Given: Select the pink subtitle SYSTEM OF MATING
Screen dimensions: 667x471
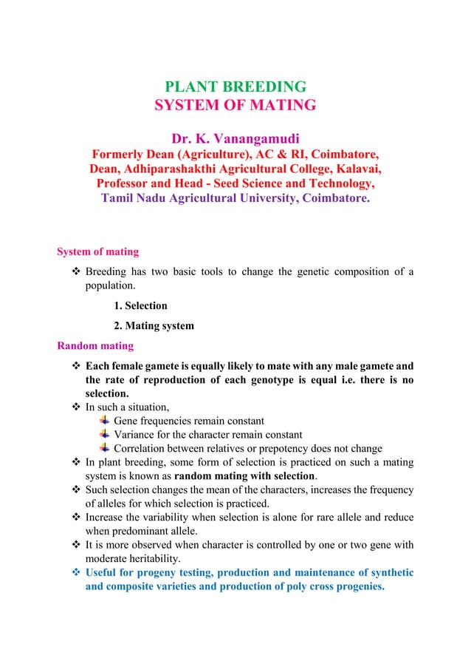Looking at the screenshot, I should [x=235, y=105].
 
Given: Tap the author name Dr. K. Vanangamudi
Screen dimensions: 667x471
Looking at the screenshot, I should [x=235, y=139].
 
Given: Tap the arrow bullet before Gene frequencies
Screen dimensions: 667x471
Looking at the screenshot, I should [x=104, y=421].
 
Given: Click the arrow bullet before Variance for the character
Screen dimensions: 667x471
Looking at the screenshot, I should [x=104, y=434].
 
